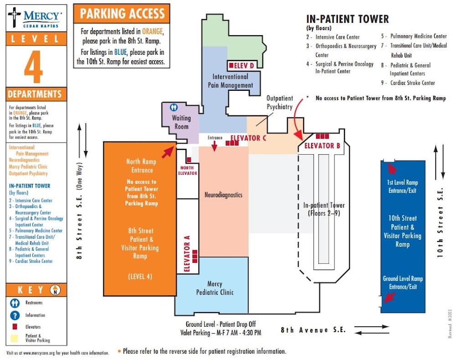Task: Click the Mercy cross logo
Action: click(14, 17)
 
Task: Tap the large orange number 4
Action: click(33, 67)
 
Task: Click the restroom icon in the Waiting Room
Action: click(174, 107)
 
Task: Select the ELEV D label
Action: click(241, 66)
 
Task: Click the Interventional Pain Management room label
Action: click(230, 81)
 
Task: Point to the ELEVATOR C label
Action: click(248, 138)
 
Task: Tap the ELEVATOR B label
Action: click(322, 146)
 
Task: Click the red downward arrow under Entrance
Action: click(214, 146)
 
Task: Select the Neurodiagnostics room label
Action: click(223, 195)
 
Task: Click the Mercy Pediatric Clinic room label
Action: click(215, 288)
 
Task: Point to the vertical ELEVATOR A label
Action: click(187, 254)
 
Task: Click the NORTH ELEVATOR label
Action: click(187, 171)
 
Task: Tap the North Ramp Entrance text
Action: click(141, 166)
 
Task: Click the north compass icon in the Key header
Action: click(55, 290)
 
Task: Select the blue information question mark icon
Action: click(15, 315)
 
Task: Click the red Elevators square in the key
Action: click(15, 327)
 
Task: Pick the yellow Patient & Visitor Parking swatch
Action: click(14, 338)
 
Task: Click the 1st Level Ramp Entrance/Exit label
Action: click(402, 187)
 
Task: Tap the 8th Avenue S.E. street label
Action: click(313, 330)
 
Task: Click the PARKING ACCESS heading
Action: click(122, 14)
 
